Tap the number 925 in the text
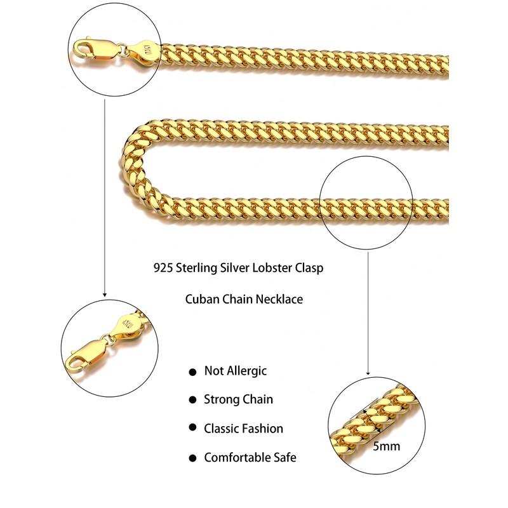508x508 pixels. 164,268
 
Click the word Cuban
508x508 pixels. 202,298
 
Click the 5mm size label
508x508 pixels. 386,446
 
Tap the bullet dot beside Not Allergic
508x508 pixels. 192,372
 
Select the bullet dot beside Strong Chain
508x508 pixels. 192,401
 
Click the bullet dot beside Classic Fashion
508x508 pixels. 192,429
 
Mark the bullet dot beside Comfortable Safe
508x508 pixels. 192,458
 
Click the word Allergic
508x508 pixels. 246,371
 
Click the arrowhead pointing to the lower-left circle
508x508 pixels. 104,294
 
